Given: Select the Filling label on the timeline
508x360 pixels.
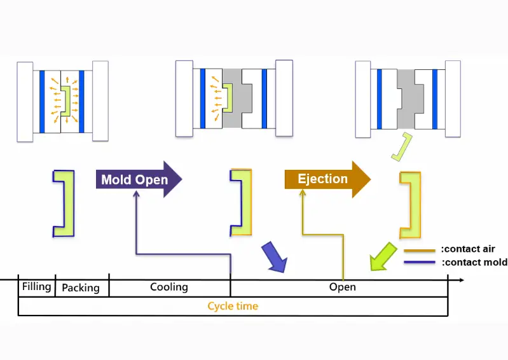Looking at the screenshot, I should pyautogui.click(x=36, y=287).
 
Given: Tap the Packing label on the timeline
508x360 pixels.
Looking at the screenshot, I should pyautogui.click(x=81, y=288).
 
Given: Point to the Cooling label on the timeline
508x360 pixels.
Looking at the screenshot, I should pyautogui.click(x=168, y=287).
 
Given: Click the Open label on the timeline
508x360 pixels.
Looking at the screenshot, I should pyautogui.click(x=342, y=287).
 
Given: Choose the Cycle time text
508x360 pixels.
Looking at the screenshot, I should pyautogui.click(x=233, y=306).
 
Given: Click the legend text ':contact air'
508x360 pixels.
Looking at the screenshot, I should pyautogui.click(x=469, y=249).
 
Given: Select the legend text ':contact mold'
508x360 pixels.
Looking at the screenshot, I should pyautogui.click(x=474, y=262).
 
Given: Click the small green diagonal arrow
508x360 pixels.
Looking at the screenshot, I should pyautogui.click(x=383, y=256).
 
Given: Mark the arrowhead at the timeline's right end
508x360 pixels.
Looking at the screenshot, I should pyautogui.click(x=460, y=279).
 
